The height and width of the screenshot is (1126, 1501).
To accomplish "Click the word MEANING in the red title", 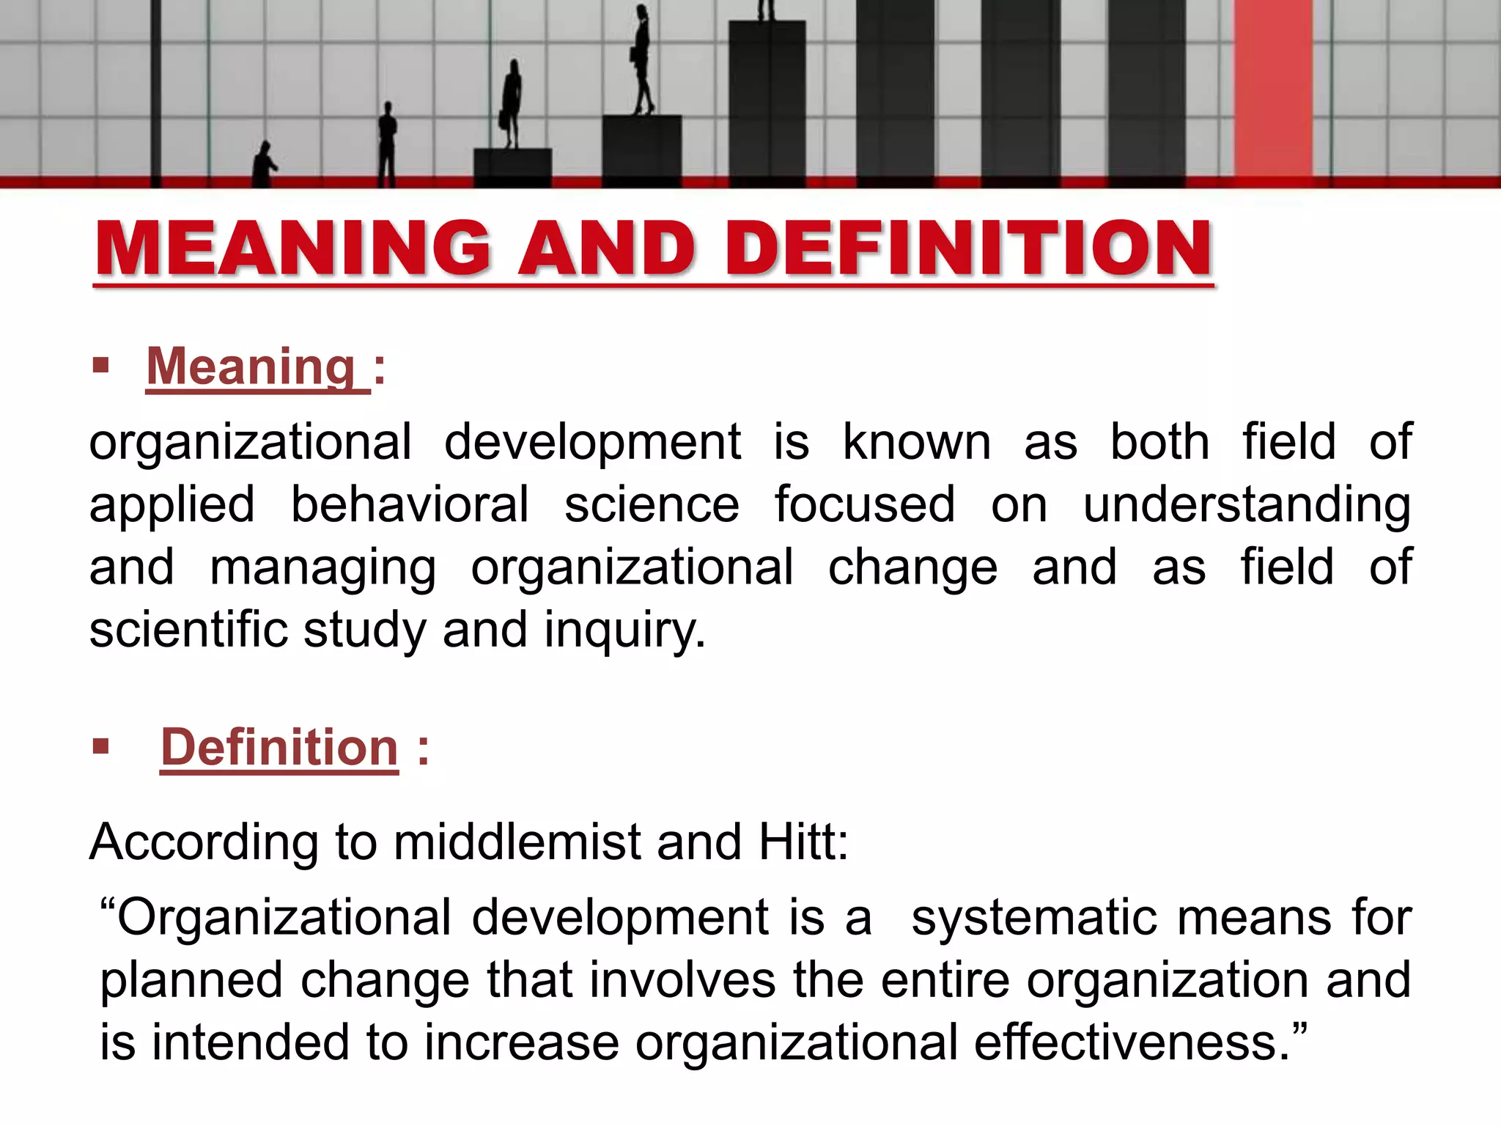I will [x=292, y=249].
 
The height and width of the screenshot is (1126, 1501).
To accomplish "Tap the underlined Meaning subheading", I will [x=251, y=366].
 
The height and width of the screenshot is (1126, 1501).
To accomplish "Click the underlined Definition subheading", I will [x=279, y=748].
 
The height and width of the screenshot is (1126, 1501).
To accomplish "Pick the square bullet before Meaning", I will [x=101, y=365].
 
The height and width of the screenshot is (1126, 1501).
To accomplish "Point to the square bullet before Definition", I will [x=101, y=747].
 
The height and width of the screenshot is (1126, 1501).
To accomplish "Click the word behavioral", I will [x=410, y=504].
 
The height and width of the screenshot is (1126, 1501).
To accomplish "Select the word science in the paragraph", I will [x=652, y=504].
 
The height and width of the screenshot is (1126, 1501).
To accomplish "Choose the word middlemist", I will [x=517, y=842].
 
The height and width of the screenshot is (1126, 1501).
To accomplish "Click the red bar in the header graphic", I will [x=1273, y=88].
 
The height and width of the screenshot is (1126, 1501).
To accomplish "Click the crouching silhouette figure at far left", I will [x=264, y=164].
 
